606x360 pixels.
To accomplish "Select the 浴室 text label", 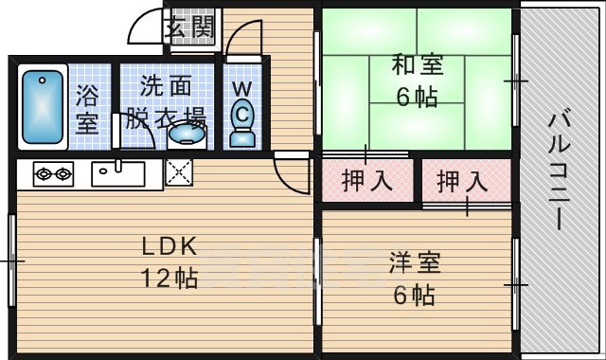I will pos(88,108).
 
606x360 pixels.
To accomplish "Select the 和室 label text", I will pos(417,66).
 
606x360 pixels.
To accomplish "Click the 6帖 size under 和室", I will pos(417,97).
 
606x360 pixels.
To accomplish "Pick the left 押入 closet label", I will pos(368,180).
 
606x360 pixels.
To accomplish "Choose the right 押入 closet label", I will pos(463,180).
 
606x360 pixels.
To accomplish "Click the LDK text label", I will pos(169,247).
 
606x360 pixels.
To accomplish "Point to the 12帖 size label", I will pos(169,279).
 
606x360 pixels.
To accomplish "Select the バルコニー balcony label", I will pos(560,171).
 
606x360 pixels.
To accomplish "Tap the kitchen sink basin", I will pos(118,173).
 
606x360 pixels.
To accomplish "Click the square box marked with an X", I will pos(178,172).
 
